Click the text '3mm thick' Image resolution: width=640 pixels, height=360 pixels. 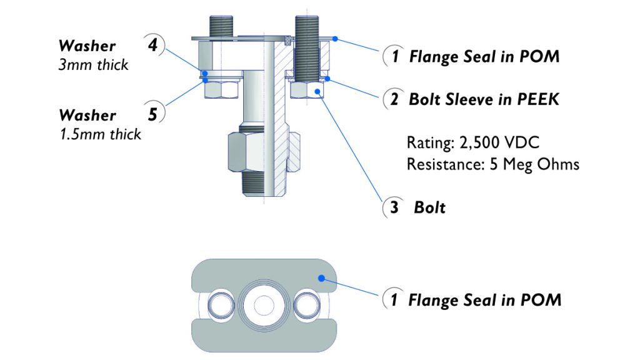tap(93, 64)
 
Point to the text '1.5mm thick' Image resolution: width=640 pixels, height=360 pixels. tap(100, 134)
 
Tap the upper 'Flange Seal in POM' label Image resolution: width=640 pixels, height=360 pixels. tap(484, 57)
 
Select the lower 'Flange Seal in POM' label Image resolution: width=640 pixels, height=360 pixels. tap(484, 300)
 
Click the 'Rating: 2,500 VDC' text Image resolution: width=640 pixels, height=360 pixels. tap(472, 142)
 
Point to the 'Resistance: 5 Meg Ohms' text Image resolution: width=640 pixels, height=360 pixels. tap(492, 164)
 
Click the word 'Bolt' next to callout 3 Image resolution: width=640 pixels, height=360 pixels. tap(429, 207)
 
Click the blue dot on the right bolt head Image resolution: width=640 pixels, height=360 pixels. tap(319, 91)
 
